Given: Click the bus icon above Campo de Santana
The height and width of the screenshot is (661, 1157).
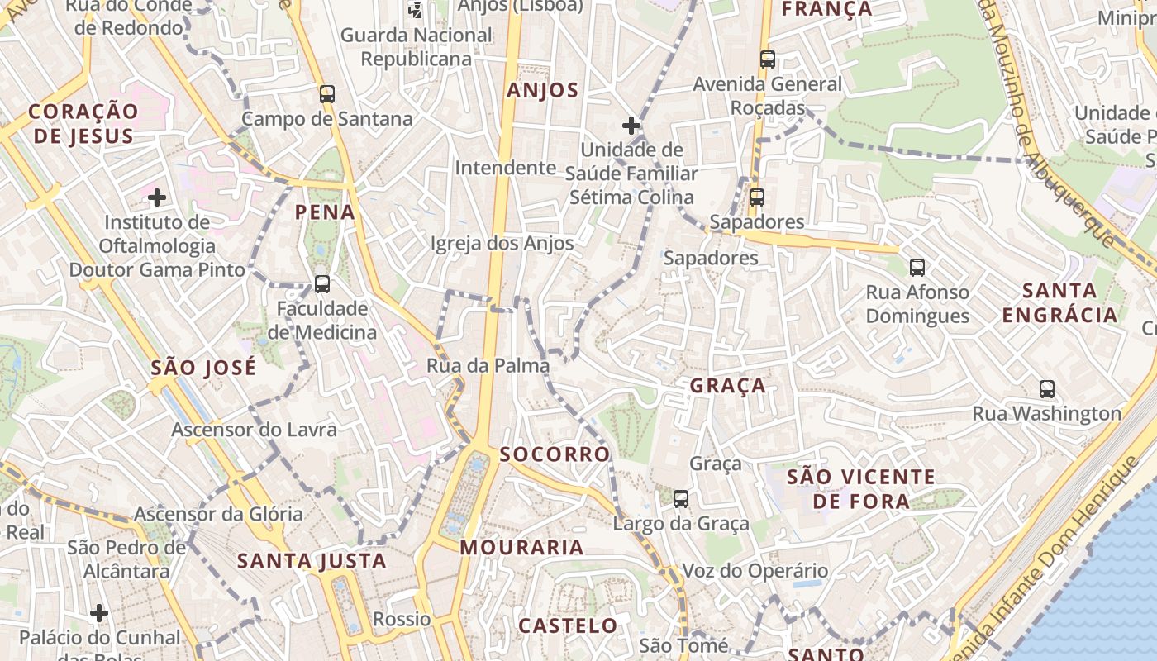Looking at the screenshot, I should pos(327,93).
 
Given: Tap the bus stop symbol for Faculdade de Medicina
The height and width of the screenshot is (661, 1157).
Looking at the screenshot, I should pos(322,284).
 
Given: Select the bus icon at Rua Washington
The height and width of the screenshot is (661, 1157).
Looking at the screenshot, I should pos(1047,388).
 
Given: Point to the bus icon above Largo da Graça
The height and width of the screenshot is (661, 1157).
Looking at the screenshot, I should pos(681,499).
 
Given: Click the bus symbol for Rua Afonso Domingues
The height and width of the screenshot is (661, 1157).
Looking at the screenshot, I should pos(917,268).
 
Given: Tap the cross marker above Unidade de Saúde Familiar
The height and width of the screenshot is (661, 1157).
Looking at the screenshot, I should pos(631,126).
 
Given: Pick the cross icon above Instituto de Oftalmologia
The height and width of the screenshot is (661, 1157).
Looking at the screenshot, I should pos(157,197).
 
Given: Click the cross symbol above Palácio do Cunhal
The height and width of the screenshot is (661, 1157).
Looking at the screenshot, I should pos(99,613).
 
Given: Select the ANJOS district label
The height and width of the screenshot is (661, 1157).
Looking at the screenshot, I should pos(543,91).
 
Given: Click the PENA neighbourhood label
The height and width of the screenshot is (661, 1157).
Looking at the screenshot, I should pos(326,212).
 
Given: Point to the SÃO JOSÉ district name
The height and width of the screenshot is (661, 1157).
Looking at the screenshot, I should pos(203,368).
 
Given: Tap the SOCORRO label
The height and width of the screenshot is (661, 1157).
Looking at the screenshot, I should pos(555,454).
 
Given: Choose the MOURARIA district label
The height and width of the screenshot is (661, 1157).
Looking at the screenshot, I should pos(521,547).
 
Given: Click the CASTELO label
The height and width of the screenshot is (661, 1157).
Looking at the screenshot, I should pos(568,625).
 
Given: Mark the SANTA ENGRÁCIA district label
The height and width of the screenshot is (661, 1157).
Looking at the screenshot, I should pos(1059,302).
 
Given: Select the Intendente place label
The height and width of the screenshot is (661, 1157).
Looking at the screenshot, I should pos(506,168).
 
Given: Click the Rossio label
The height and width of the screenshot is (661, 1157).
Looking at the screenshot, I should pos(402,619).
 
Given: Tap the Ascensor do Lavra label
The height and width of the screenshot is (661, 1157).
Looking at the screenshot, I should pos(254,430).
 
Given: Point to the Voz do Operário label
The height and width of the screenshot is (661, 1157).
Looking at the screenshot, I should pos(755,571).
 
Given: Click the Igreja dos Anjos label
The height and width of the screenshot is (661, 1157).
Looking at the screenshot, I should pos(502,244).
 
